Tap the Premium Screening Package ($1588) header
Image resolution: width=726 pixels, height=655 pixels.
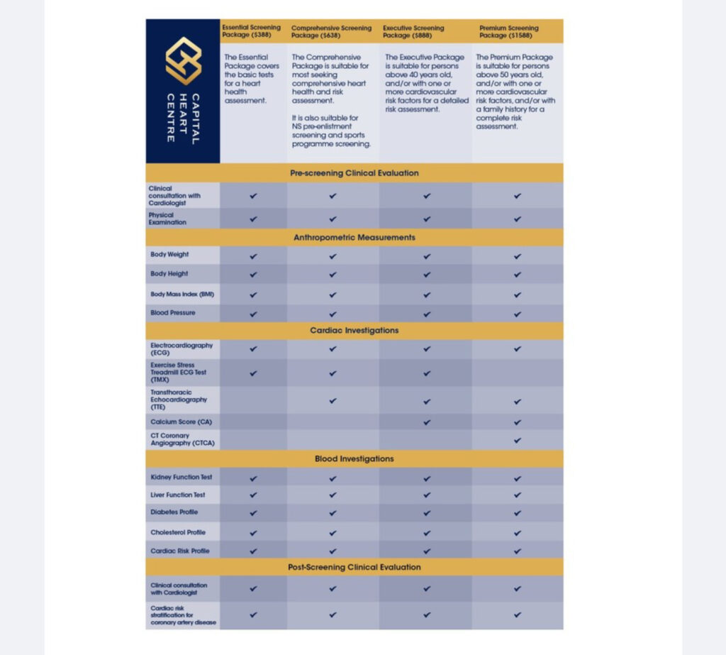tap(509, 31)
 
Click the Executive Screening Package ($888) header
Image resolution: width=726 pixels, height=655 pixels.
tap(415, 31)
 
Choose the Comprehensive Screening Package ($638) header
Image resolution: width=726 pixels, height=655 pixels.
tap(331, 31)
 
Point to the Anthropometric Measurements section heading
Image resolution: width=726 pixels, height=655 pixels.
tap(354, 238)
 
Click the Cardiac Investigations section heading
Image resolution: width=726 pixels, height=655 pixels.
tap(354, 331)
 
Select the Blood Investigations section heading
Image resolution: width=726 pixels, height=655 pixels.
tap(354, 459)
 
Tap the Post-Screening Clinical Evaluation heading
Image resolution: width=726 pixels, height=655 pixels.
tap(354, 567)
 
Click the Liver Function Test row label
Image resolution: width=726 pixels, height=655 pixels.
tap(177, 495)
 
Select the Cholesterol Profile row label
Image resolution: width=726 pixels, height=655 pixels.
tap(177, 532)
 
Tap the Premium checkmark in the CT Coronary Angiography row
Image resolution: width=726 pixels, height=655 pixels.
tap(518, 440)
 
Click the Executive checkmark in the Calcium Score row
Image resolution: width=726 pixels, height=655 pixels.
tap(427, 422)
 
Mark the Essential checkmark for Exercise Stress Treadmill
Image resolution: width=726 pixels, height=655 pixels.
tap(254, 373)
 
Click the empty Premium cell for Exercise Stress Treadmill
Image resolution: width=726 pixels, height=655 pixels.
tap(518, 373)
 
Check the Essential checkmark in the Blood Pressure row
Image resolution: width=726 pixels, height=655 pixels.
tap(254, 313)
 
